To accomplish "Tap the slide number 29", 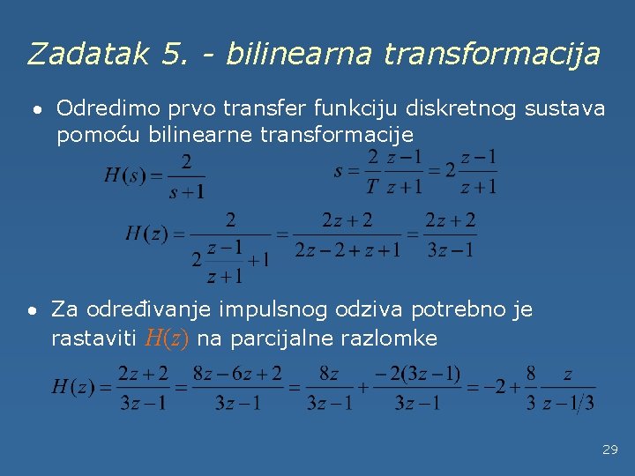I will pos(609,450).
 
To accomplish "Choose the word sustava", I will pos(564,108).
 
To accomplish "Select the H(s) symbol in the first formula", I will pos(123,175).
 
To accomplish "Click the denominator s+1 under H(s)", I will pos(186,190).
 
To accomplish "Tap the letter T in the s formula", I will pos(371,187).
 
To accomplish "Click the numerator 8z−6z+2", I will pos(238,374).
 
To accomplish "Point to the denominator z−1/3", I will pos(568,403).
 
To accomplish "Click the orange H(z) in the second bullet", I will pos(167,338).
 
